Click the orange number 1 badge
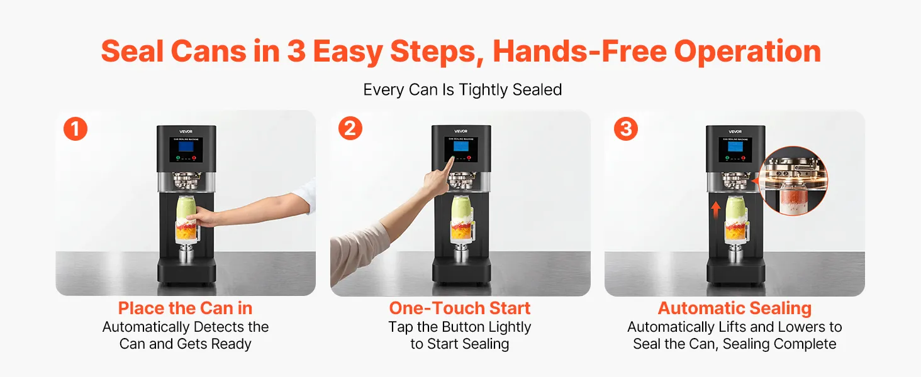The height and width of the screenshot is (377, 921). [x=75, y=129]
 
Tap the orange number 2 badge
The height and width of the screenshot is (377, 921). [x=350, y=128]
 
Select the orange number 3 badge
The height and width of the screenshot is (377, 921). [x=626, y=129]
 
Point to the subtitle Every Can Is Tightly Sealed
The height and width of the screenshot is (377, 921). [x=462, y=90]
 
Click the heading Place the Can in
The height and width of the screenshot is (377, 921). [x=185, y=308]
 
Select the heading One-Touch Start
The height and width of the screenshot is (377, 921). [x=460, y=308]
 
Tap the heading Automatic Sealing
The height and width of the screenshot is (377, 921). [x=735, y=309]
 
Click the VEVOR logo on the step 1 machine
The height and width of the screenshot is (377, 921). [x=186, y=132]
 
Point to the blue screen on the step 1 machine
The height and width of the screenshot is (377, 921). [x=186, y=146]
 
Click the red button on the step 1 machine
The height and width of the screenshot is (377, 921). [x=194, y=158]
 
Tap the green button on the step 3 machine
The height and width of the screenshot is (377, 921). [x=727, y=158]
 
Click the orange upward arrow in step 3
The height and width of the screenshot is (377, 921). [x=716, y=209]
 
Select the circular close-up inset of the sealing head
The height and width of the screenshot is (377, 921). [x=793, y=181]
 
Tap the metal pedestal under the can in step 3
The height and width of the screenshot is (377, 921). [x=735, y=252]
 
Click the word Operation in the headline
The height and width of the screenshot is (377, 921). [x=747, y=52]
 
